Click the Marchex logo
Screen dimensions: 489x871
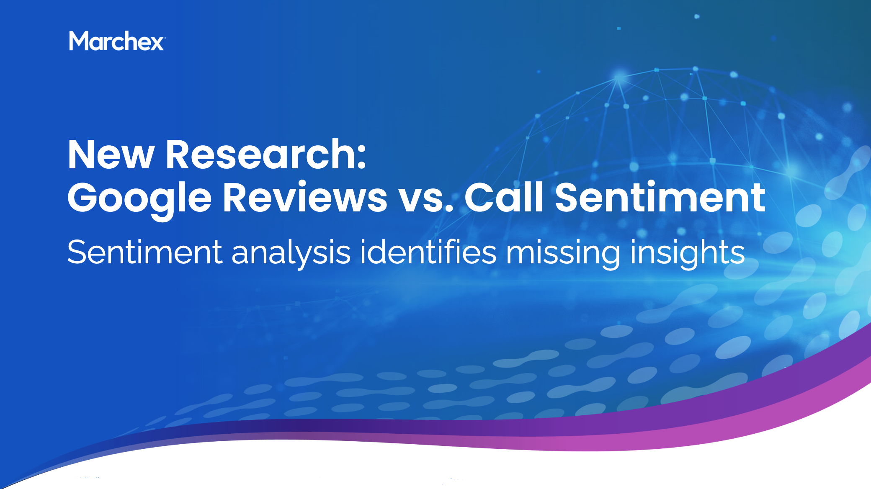click(x=117, y=41)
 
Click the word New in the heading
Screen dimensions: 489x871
click(x=111, y=155)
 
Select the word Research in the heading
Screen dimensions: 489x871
click(x=260, y=155)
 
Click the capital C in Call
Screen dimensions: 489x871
click(x=480, y=198)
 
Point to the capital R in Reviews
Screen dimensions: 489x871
click(x=237, y=198)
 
